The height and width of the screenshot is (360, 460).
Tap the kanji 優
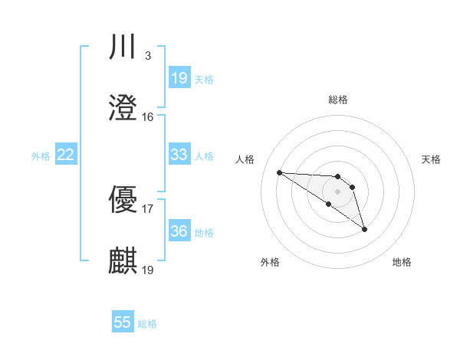(x=123, y=200)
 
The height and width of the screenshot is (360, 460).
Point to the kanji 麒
(x=123, y=260)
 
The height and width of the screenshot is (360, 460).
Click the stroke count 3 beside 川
(x=147, y=56)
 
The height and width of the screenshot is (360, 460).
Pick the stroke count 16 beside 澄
(x=147, y=116)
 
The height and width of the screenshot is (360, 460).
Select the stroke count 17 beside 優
(x=147, y=208)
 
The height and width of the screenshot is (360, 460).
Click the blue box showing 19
(x=179, y=78)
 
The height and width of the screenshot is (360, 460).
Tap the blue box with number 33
(x=179, y=155)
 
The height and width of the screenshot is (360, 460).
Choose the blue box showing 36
(x=179, y=231)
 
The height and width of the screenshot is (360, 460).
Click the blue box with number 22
(x=66, y=155)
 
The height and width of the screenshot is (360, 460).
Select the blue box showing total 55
(x=123, y=322)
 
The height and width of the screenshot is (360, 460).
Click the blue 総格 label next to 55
(x=147, y=324)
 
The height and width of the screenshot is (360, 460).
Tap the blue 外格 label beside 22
(x=41, y=156)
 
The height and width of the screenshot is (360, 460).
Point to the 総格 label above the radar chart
(x=338, y=100)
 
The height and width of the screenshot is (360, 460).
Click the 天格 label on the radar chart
(x=432, y=159)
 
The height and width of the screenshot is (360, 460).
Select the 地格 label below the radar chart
(x=402, y=262)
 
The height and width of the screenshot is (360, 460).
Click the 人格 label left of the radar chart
(x=245, y=159)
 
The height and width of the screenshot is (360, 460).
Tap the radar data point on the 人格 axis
(x=279, y=172)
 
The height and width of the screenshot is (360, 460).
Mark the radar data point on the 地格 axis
(x=364, y=229)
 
